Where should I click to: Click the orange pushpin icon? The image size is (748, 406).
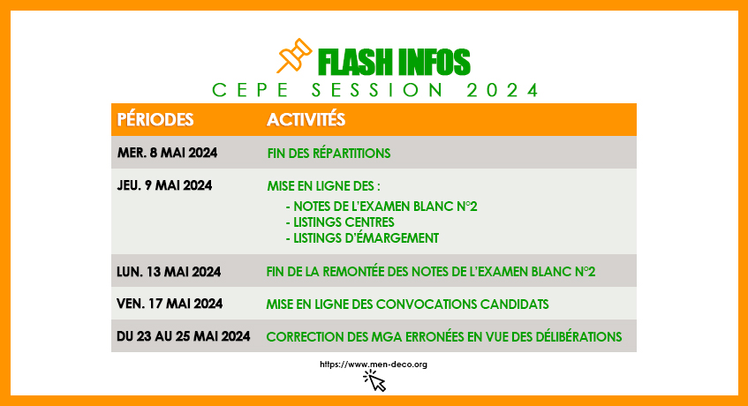294,56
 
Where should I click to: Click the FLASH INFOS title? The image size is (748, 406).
394,62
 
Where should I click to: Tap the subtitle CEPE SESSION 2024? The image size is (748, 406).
375,90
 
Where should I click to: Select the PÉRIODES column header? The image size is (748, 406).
155,119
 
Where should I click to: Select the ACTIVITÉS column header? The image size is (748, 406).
306,119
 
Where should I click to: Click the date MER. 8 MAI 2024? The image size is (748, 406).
167,153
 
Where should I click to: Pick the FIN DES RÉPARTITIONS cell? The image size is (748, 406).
329,153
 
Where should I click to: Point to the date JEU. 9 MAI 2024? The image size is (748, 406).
164,185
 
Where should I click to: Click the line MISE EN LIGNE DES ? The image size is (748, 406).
323,186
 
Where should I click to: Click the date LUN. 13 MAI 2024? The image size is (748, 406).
169,272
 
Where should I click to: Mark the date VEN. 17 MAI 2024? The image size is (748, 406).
170,304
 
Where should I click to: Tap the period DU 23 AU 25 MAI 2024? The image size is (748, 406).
184,336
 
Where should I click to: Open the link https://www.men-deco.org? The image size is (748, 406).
374,364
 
